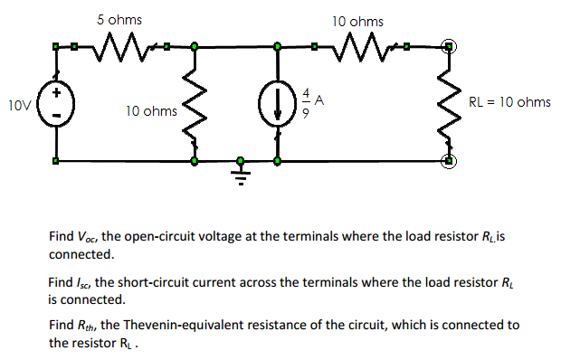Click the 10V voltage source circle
pyautogui.click(x=55, y=104)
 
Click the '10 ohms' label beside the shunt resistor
pyautogui.click(x=151, y=111)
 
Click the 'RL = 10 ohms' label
pyautogui.click(x=509, y=102)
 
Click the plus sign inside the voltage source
pyautogui.click(x=55, y=92)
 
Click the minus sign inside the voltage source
pyautogui.click(x=55, y=117)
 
